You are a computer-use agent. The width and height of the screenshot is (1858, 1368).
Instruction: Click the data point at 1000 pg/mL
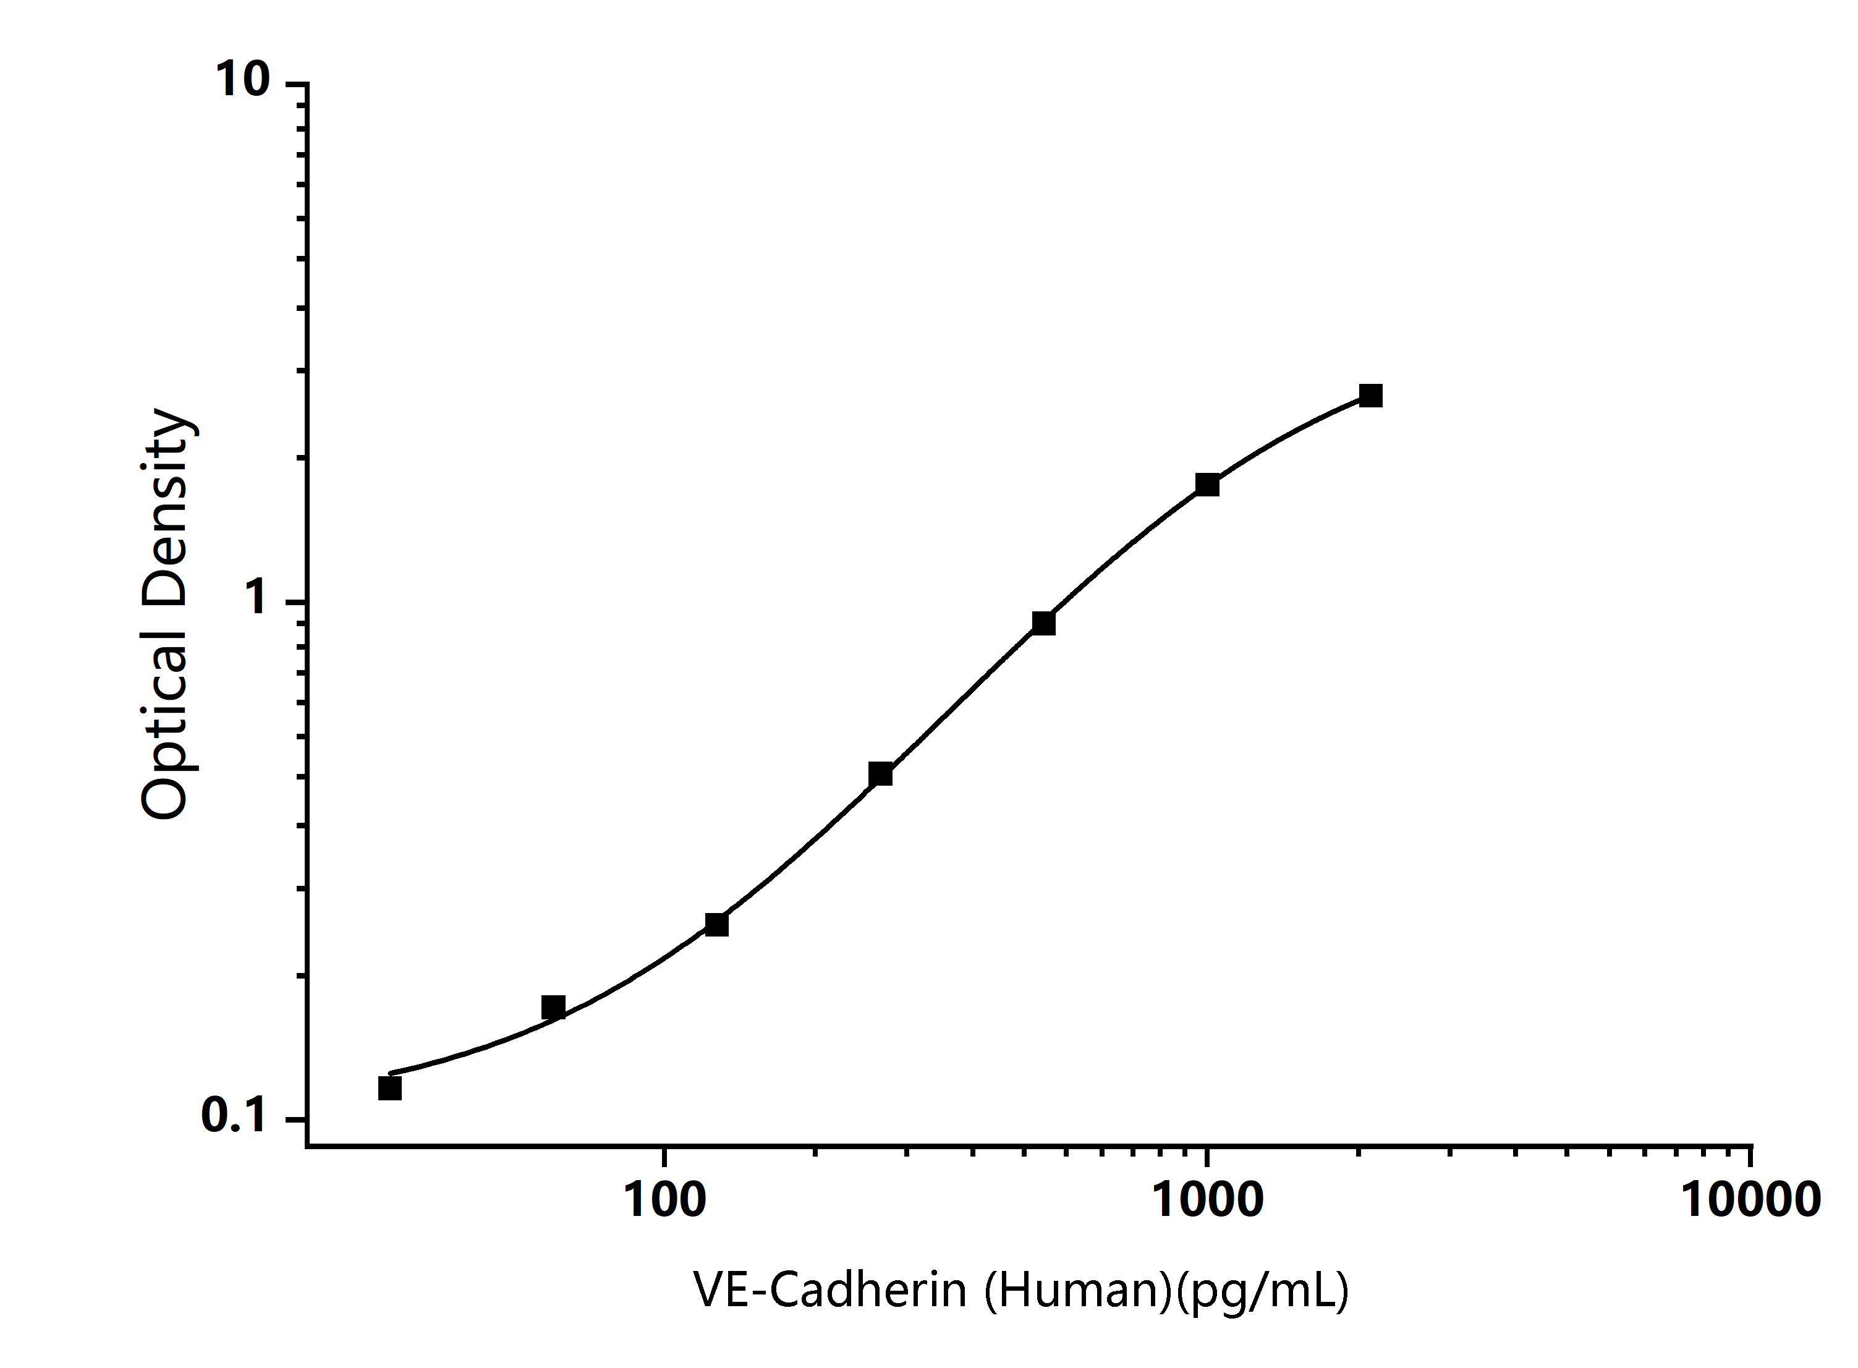[1207, 485]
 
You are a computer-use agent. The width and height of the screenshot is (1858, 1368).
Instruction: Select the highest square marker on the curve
[1370, 396]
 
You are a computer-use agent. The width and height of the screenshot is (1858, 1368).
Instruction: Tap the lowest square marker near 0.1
[390, 1088]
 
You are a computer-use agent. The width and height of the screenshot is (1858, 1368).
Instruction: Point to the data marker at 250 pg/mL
[880, 775]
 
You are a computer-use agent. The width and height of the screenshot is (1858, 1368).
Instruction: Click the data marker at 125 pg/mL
[717, 924]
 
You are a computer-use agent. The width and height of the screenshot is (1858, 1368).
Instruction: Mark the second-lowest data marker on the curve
[553, 1007]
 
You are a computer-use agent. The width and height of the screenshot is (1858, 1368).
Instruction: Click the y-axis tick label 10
[244, 80]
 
